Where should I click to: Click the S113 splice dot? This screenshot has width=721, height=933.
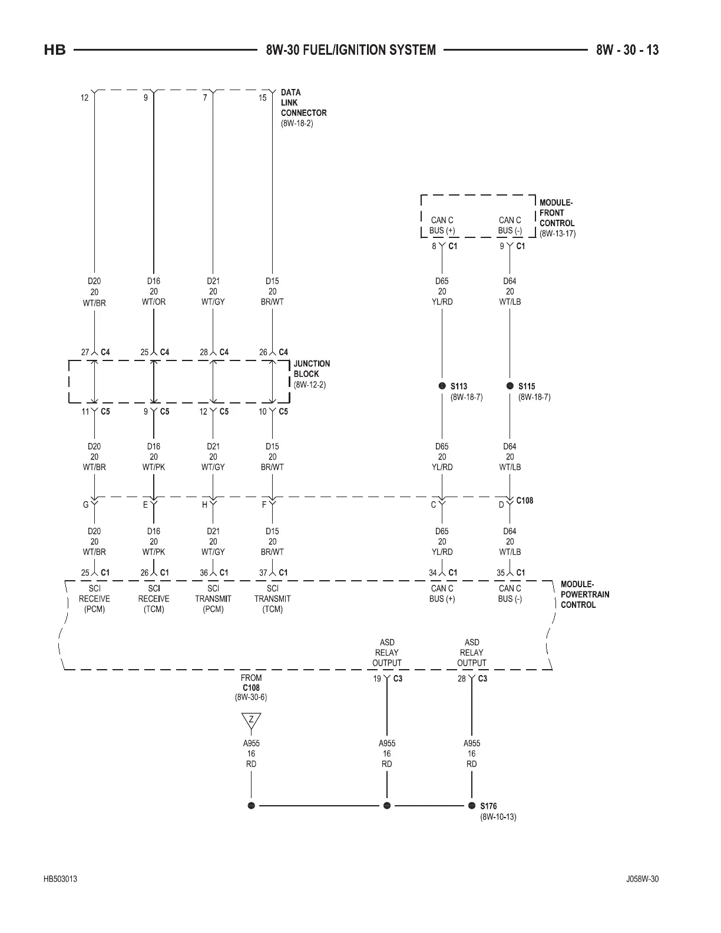(x=442, y=386)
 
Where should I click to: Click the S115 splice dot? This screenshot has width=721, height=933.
(x=510, y=386)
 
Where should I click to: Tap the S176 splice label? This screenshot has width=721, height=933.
(x=488, y=806)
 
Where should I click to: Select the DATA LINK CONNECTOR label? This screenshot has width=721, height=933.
(x=303, y=102)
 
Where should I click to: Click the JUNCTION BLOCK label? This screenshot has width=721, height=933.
(x=312, y=369)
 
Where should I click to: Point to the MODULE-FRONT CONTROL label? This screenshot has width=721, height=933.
(x=557, y=213)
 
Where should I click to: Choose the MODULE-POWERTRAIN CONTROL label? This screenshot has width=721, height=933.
(x=585, y=594)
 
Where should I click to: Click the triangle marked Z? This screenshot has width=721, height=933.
(x=252, y=720)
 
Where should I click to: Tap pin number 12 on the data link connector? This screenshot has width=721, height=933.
(x=85, y=98)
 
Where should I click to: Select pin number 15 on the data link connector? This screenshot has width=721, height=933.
(x=263, y=98)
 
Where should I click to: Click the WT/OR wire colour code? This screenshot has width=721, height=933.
(x=154, y=302)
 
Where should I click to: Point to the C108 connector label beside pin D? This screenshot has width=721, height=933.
(x=524, y=501)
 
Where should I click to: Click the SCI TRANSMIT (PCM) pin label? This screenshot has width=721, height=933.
(x=213, y=598)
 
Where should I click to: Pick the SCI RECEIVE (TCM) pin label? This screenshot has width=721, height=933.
(x=154, y=598)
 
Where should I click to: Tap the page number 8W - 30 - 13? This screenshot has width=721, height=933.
(x=627, y=50)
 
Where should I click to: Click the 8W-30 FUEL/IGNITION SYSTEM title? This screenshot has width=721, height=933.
(x=350, y=50)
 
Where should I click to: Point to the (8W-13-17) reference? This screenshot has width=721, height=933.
(x=557, y=233)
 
